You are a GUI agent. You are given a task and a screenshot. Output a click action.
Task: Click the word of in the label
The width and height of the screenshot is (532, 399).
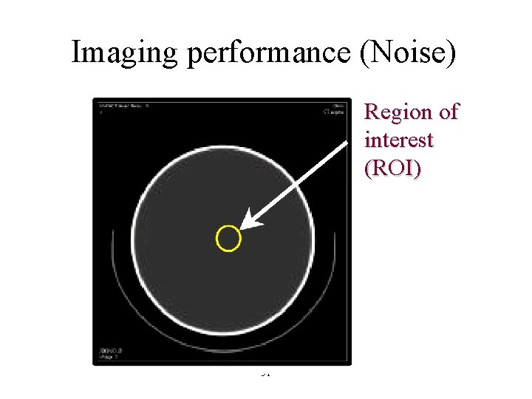pos(448,112)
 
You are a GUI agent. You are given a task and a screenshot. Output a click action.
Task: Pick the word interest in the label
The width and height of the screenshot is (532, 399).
pos(399,140)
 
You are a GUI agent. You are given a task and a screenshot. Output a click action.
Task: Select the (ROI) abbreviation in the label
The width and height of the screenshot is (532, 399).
pos(393,168)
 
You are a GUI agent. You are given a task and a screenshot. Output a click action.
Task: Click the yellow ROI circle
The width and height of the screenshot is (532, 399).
pos(228,239)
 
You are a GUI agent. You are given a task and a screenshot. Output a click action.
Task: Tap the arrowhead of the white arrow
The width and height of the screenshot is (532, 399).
pos(248,224)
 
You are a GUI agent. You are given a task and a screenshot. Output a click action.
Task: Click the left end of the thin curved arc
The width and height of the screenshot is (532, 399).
pos(113,231)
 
